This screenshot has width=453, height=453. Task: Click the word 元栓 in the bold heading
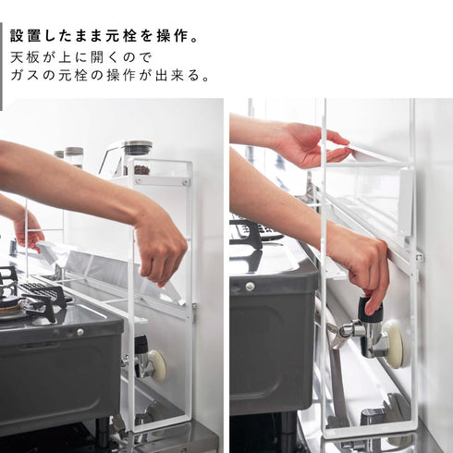click(121, 36)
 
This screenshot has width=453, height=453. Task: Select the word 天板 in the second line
click(25, 57)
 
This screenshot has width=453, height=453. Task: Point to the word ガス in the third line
click(25, 76)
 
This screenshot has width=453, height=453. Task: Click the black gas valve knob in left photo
click(141, 343)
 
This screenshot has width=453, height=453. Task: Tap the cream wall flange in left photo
click(159, 366)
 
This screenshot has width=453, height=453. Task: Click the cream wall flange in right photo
click(395, 344)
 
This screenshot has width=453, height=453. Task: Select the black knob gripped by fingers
click(369, 307)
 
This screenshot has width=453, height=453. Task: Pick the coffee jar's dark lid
click(138, 147)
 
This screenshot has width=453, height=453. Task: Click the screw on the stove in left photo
click(80, 332)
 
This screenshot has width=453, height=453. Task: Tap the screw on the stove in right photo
click(250, 287)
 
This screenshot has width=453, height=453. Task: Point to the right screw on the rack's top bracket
click(186, 182)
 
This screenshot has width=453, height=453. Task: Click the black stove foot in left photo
click(103, 428)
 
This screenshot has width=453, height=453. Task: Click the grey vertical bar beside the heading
click(1, 66)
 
